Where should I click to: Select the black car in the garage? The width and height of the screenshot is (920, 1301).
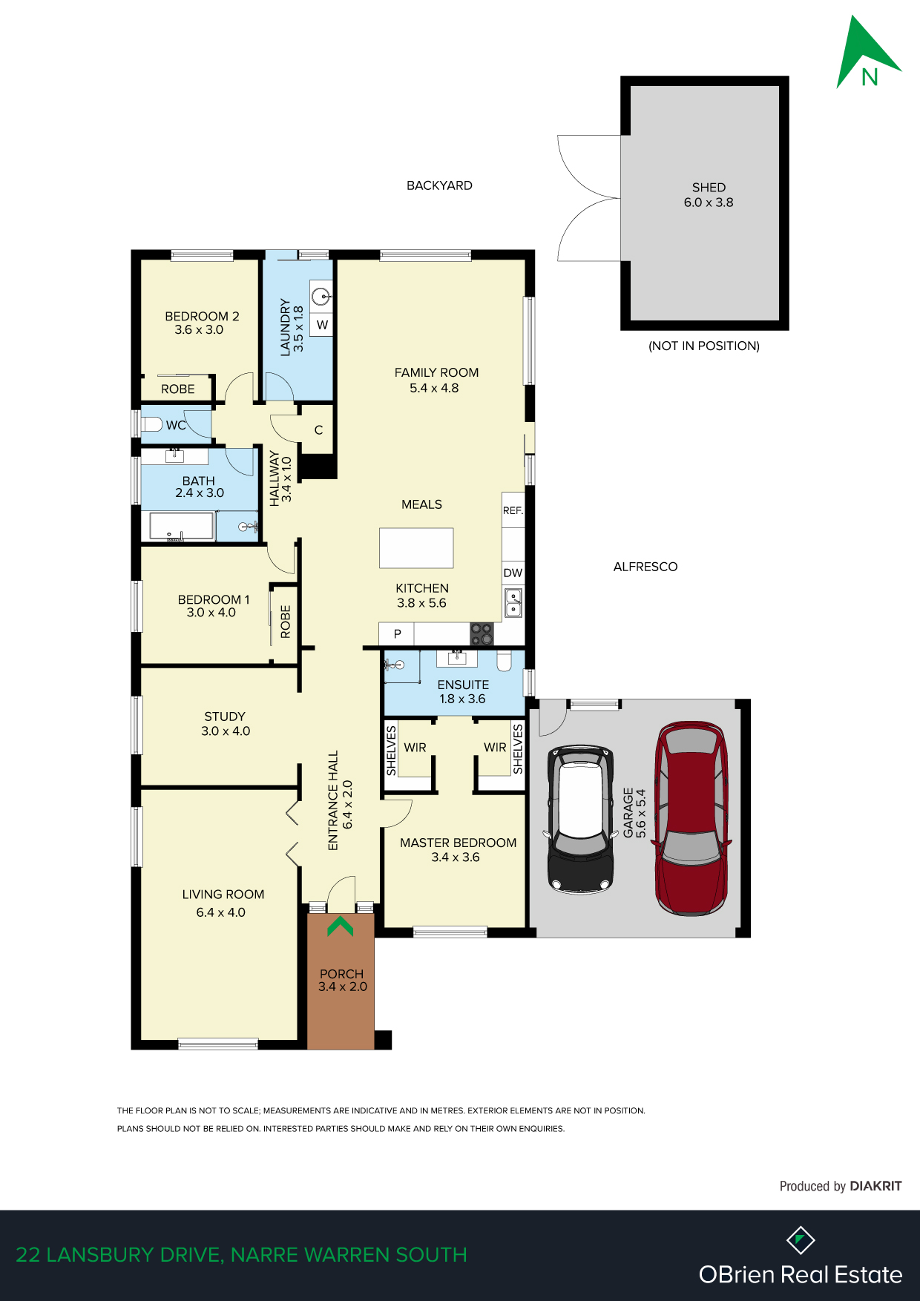pyautogui.click(x=581, y=819)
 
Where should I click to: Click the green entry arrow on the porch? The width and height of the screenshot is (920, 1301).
pyautogui.click(x=341, y=926)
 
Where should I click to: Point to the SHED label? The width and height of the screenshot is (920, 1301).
pyautogui.click(x=709, y=188)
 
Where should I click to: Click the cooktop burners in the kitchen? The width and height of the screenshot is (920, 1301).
pyautogui.click(x=482, y=634)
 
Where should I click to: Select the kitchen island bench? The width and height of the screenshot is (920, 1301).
pyautogui.click(x=416, y=548)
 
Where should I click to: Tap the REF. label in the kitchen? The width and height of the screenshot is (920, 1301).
pyautogui.click(x=513, y=510)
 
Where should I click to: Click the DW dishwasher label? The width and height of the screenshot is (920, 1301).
pyautogui.click(x=513, y=573)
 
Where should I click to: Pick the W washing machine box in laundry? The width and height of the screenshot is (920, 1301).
pyautogui.click(x=321, y=324)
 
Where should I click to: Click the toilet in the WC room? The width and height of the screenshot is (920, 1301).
pyautogui.click(x=151, y=424)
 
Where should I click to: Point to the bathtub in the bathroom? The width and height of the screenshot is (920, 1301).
pyautogui.click(x=182, y=526)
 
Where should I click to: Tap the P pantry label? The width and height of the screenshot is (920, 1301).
pyautogui.click(x=397, y=634)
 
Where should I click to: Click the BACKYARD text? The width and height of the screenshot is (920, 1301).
pyautogui.click(x=439, y=185)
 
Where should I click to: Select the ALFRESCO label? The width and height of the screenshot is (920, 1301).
pyautogui.click(x=645, y=567)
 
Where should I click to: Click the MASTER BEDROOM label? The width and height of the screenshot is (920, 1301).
pyautogui.click(x=458, y=843)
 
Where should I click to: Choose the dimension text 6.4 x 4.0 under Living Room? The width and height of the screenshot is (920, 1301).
pyautogui.click(x=220, y=912)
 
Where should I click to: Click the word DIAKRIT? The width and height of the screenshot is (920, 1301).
pyautogui.click(x=875, y=1186)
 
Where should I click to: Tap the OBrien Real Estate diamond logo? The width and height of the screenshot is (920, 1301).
pyautogui.click(x=801, y=1239)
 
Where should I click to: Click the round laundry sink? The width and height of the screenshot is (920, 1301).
pyautogui.click(x=321, y=297)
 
